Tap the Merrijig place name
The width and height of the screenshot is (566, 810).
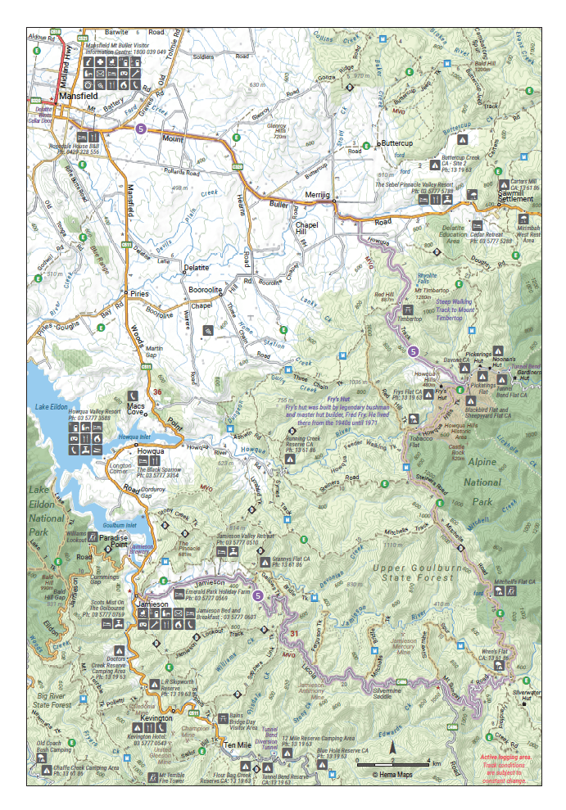tap(317, 195)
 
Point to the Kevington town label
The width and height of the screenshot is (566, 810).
tap(156, 717)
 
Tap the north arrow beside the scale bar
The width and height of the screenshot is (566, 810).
tap(393, 747)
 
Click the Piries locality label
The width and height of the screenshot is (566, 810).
tap(135, 292)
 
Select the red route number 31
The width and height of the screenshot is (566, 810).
tap(294, 634)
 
